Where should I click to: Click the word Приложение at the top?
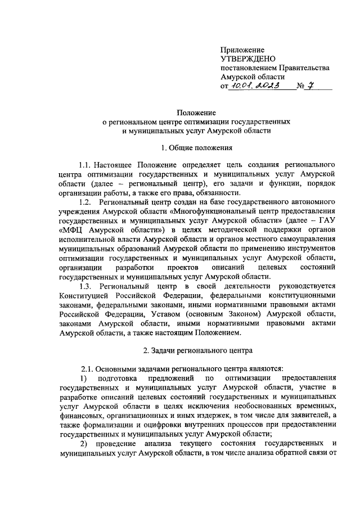242,50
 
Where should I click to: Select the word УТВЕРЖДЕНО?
249,59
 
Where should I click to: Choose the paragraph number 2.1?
89,368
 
